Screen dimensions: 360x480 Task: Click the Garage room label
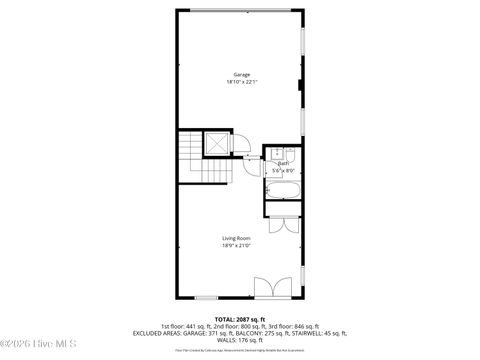pos(241,75)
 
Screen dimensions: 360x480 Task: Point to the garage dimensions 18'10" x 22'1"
pos(241,82)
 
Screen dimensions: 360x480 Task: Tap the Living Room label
pos(237,237)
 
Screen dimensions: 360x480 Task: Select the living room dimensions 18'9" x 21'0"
pos(237,244)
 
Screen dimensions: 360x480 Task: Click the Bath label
pos(283,164)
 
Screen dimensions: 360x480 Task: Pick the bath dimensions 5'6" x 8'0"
pos(283,171)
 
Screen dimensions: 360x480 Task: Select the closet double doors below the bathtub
pos(283,225)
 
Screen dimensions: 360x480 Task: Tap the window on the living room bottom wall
pos(207,297)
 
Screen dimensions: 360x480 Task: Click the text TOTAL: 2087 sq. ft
pos(240,318)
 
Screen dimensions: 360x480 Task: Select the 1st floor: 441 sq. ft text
pos(183,325)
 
